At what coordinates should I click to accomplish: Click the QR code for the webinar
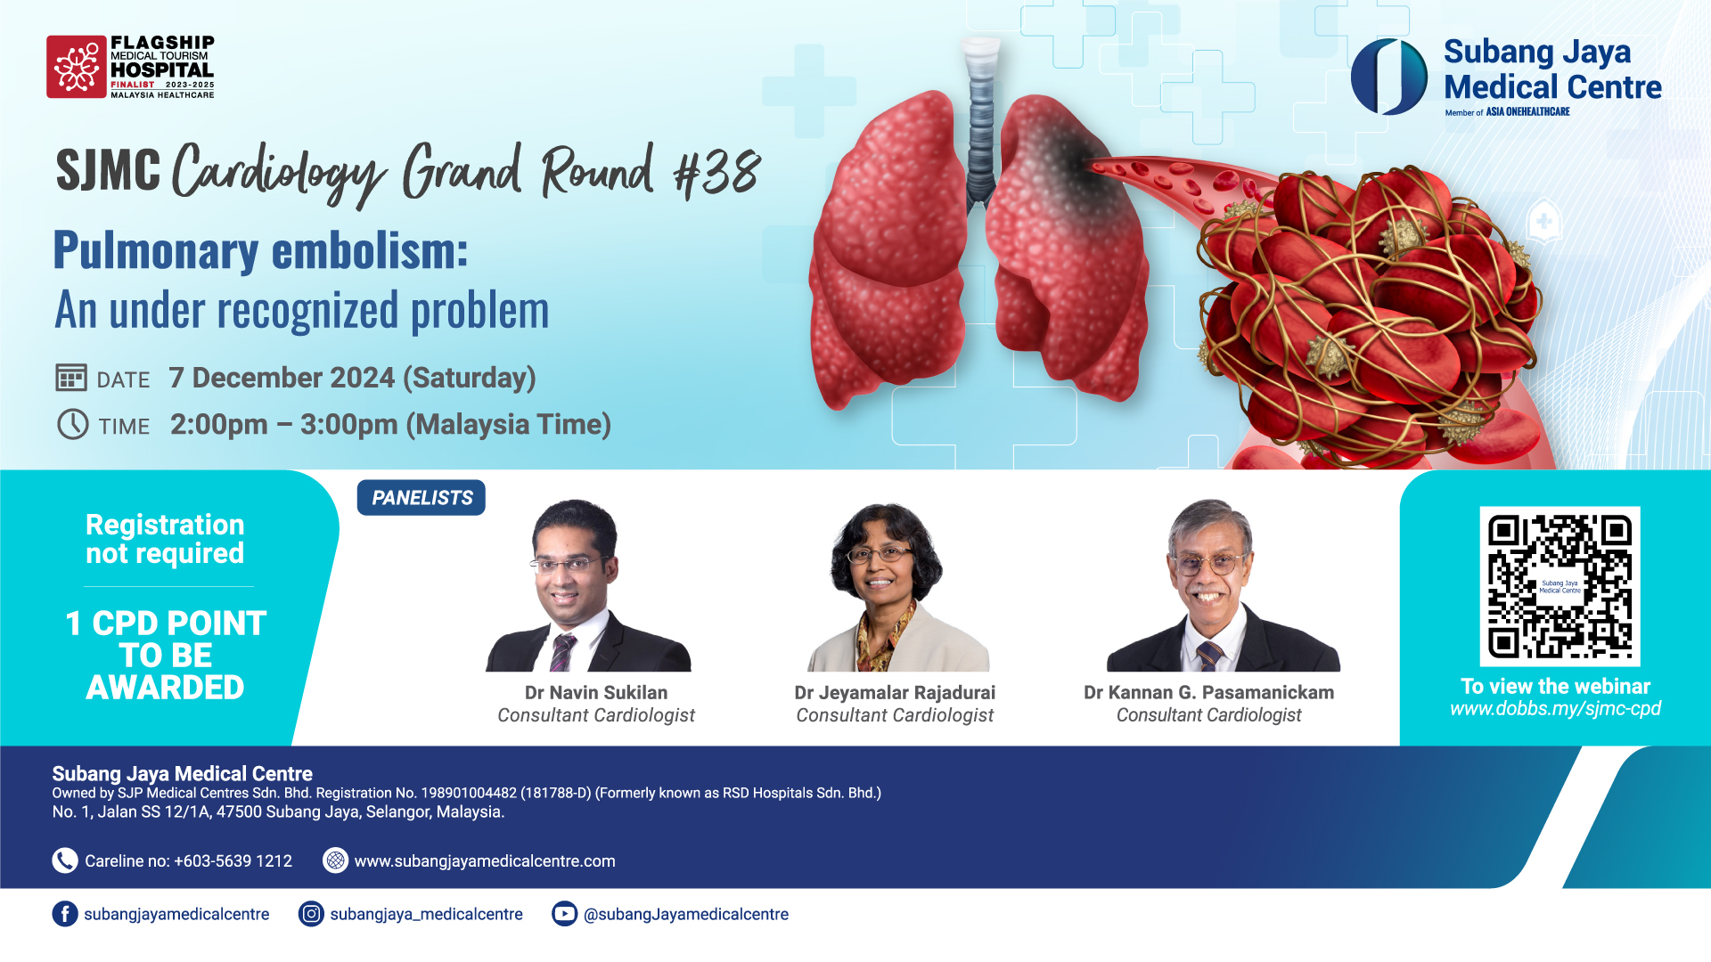point(1560,586)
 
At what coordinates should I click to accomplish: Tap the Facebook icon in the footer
point(65,914)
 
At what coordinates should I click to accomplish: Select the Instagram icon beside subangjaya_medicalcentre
point(311,914)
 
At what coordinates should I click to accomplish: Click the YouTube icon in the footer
point(564,914)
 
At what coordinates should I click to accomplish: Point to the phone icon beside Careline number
point(65,860)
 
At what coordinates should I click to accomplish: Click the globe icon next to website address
point(335,860)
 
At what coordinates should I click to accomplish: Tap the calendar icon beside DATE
point(71,378)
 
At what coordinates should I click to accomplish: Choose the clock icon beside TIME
point(73,424)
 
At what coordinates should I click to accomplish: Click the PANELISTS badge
point(422,498)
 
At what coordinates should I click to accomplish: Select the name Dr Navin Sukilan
point(596,692)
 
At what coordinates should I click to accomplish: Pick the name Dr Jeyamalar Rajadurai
point(895,692)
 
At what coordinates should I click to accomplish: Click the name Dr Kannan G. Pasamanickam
point(1208,692)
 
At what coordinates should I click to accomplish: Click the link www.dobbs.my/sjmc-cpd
point(1555,709)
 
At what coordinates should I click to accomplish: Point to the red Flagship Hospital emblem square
point(77,67)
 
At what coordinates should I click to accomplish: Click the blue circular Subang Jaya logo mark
point(1389,77)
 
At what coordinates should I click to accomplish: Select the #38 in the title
point(717,172)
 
